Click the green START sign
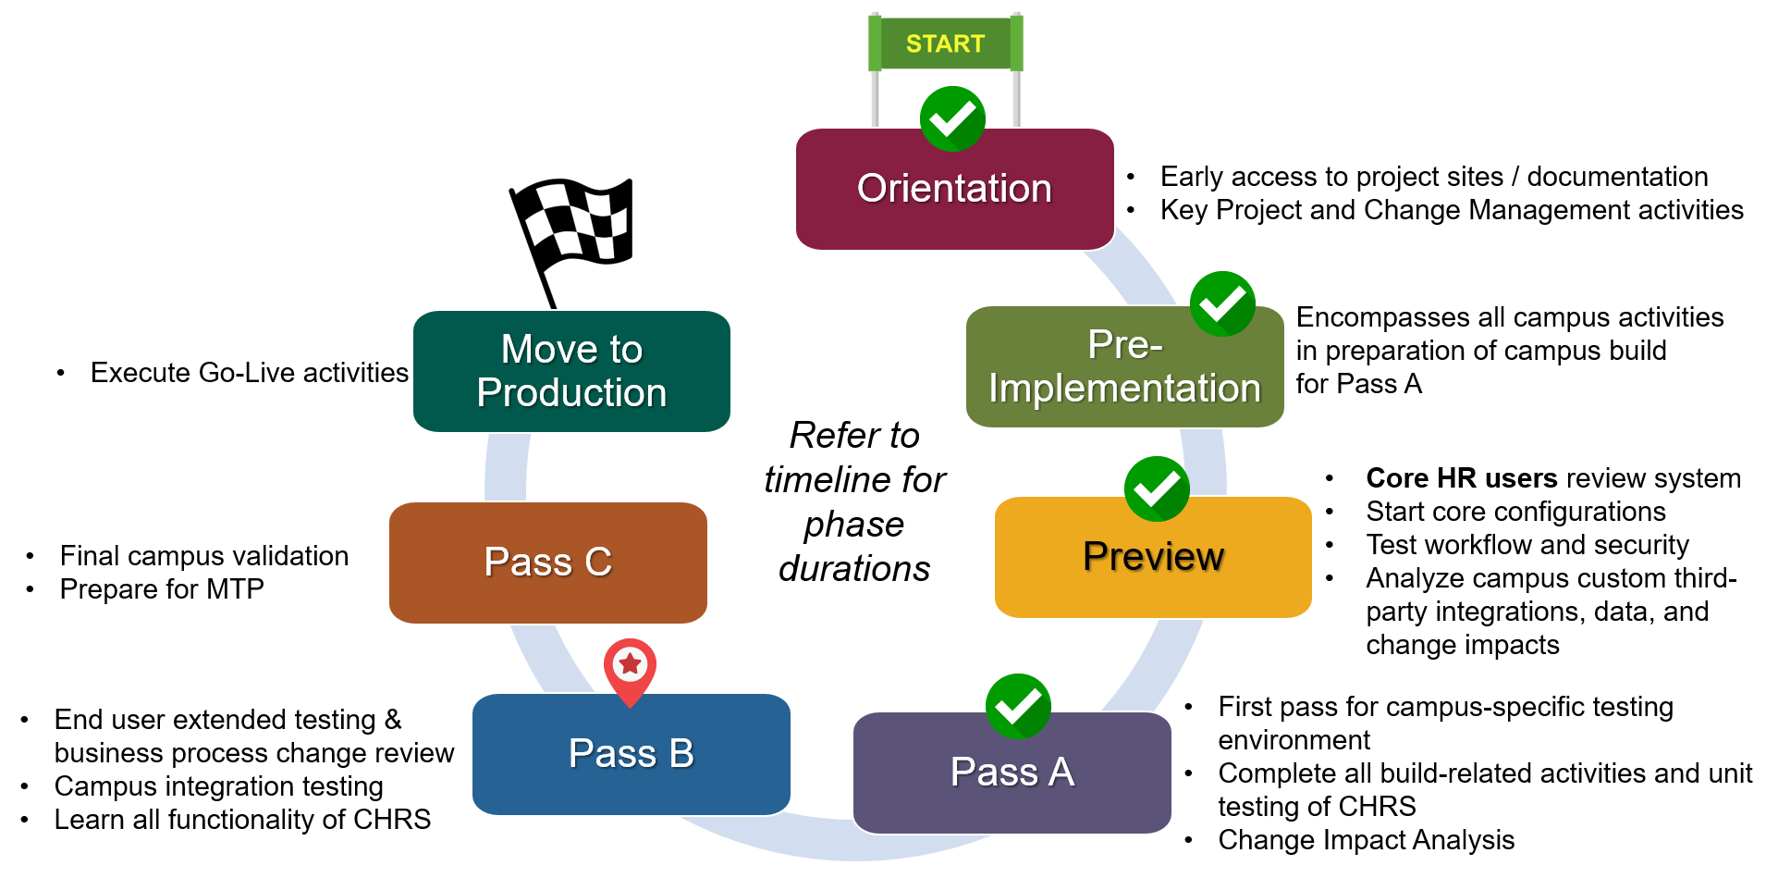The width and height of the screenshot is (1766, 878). pyautogui.click(x=945, y=43)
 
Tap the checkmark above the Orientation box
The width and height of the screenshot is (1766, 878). pyautogui.click(x=952, y=119)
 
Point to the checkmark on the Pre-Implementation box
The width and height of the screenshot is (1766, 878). pyautogui.click(x=1222, y=303)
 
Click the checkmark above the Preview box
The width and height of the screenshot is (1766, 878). pyautogui.click(x=1157, y=488)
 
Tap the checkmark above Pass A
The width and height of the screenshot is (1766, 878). pyautogui.click(x=1018, y=706)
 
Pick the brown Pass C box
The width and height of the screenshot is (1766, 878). pyautogui.click(x=547, y=563)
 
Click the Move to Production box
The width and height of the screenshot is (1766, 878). pyautogui.click(x=571, y=372)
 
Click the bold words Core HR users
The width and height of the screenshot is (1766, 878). pyautogui.click(x=1461, y=478)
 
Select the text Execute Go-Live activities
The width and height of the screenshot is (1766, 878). pyautogui.click(x=249, y=373)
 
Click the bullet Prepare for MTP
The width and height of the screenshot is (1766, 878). pyautogui.click(x=162, y=589)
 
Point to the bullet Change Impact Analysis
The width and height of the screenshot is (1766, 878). pyautogui.click(x=1366, y=840)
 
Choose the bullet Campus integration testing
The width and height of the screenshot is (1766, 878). pyautogui.click(x=218, y=786)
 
